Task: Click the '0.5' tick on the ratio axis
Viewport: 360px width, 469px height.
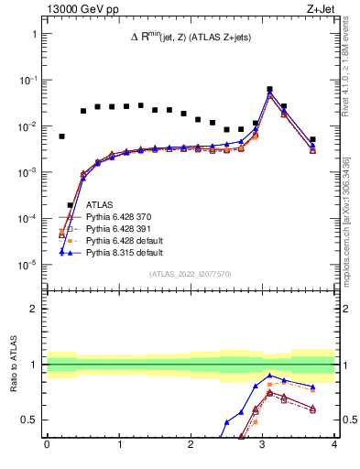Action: coord(30,420)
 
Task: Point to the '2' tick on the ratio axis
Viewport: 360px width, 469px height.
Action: coord(35,309)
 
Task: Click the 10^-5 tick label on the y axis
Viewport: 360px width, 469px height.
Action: coord(28,265)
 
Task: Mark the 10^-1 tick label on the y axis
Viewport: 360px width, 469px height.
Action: coord(28,81)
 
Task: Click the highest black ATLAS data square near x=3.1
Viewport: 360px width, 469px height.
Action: coord(269,90)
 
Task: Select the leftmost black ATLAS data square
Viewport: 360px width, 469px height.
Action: coord(61,136)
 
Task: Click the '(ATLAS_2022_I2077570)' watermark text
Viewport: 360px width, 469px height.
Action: coord(191,273)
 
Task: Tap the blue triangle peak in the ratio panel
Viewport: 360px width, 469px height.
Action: coord(269,376)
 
